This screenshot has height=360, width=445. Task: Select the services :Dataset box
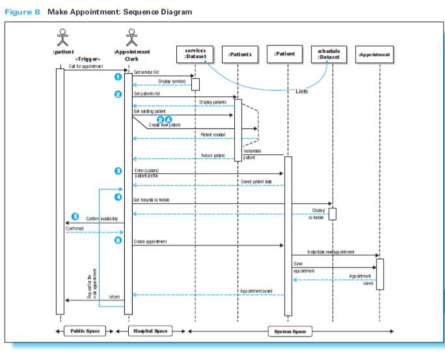pos(195,53)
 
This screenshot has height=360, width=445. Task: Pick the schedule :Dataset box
pos(329,53)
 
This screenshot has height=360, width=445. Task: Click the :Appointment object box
pos(375,54)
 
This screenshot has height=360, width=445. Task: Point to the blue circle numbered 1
pos(118,77)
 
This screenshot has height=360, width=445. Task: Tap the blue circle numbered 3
pos(118,171)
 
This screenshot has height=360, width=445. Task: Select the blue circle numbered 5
pos(75,216)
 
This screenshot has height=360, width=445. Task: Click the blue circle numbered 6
pos(118,240)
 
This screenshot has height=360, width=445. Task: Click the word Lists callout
pos(302,91)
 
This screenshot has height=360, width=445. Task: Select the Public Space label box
pos(85,331)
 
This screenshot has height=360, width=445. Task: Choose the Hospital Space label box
pos(150,331)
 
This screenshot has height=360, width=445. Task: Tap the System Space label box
pos(290,331)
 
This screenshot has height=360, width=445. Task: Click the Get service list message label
pos(146,72)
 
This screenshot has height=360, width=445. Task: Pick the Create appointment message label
pos(150,242)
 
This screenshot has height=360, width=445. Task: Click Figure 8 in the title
pos(23,12)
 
